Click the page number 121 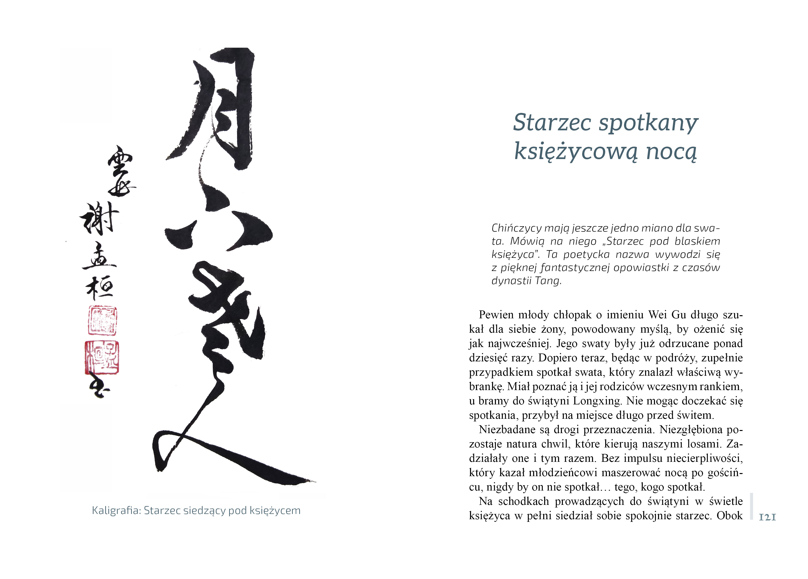[x=767, y=517]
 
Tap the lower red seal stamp [x=102, y=357]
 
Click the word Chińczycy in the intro [x=517, y=228]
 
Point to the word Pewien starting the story [x=496, y=315]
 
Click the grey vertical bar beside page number [x=751, y=506]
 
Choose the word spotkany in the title [x=648, y=123]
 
